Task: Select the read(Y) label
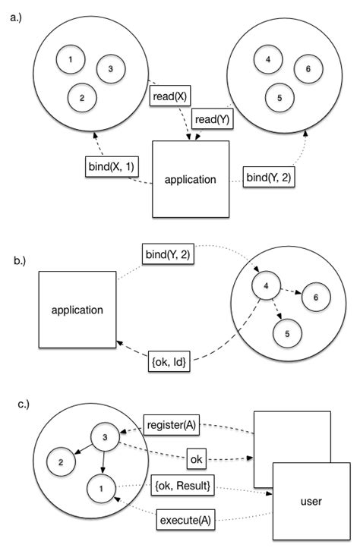coord(213,119)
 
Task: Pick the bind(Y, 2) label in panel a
coord(270,178)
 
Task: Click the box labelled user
coord(312,501)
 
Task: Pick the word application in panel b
coord(77,310)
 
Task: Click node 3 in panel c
coord(106,436)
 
